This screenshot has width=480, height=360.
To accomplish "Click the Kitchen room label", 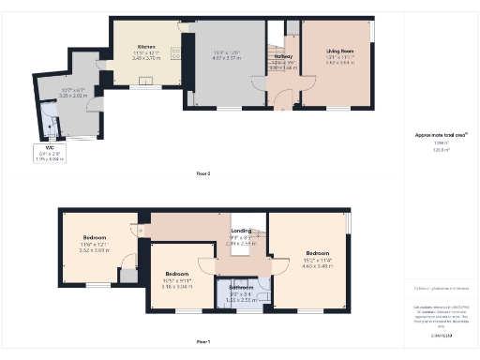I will [x=146, y=46].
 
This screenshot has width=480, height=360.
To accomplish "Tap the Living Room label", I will [x=339, y=52].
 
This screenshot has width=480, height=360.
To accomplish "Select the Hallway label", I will [x=283, y=56].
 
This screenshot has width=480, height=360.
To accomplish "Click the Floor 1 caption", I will [x=203, y=340].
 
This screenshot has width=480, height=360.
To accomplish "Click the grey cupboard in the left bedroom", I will [x=126, y=275].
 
